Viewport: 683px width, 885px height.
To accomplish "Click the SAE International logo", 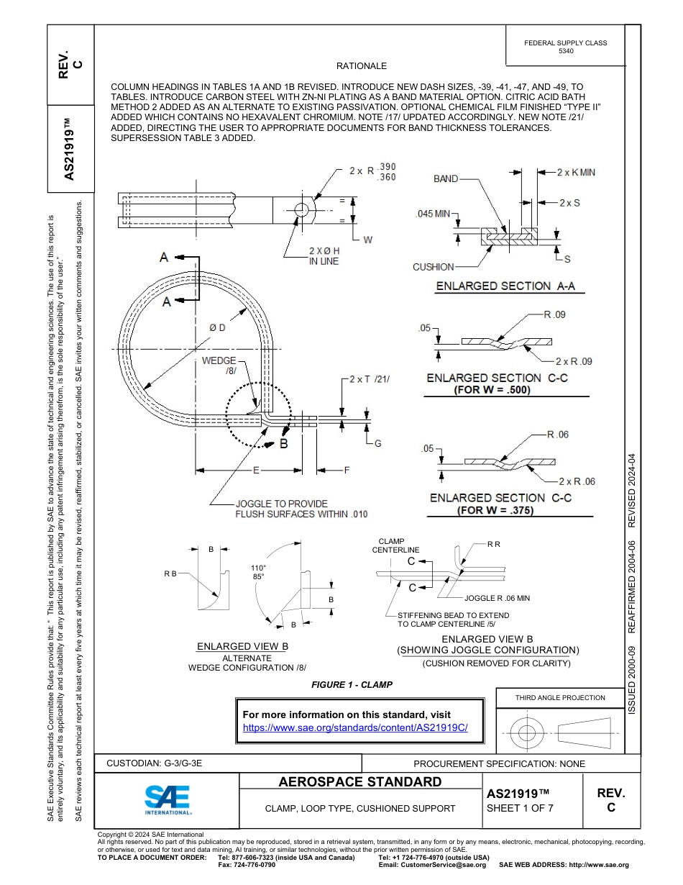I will [168, 799].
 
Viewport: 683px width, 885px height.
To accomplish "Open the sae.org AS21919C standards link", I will [356, 727].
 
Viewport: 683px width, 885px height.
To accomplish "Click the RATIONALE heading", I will [361, 66].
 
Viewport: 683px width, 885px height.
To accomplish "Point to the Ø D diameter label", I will [217, 327].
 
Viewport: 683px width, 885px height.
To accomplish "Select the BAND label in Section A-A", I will [446, 178].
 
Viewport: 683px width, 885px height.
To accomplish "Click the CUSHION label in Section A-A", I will [433, 267].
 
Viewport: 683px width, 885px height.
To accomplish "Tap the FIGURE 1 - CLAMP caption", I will [352, 685].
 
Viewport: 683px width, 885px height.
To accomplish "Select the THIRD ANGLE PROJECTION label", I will [560, 697].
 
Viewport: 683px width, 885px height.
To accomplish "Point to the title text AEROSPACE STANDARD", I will [360, 782].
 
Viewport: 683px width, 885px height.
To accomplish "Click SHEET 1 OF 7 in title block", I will [521, 807].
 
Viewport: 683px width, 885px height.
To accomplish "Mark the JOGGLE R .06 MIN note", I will [497, 598].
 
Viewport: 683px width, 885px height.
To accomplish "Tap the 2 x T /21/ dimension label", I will [369, 378].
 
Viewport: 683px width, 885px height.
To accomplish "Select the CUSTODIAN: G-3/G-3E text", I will [154, 763].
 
